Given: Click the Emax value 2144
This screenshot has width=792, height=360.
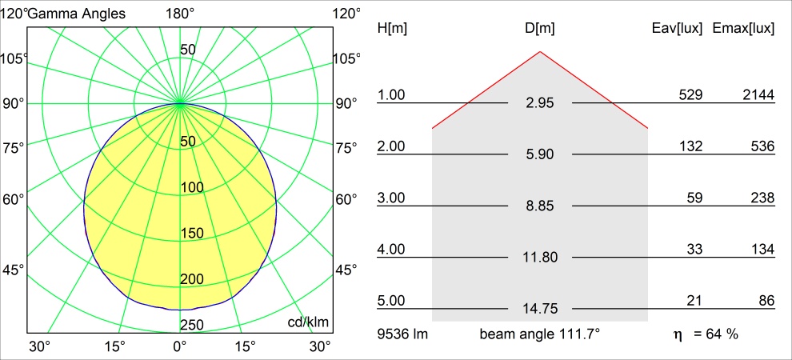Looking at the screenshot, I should [758, 95].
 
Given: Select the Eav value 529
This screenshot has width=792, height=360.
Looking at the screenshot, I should [690, 95].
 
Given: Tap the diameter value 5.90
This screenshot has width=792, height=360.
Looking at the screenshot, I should [540, 154].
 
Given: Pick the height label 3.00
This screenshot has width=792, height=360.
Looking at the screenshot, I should [391, 198].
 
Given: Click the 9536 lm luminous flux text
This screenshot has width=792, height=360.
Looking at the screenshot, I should [402, 334].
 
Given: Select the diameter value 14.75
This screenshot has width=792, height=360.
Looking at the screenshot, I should [540, 309].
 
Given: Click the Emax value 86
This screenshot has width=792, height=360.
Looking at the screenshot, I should [766, 301].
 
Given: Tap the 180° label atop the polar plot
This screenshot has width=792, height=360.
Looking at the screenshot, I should [180, 14].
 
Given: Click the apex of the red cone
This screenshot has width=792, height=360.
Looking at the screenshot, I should [540, 52].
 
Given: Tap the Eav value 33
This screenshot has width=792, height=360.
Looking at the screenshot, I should [694, 250].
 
